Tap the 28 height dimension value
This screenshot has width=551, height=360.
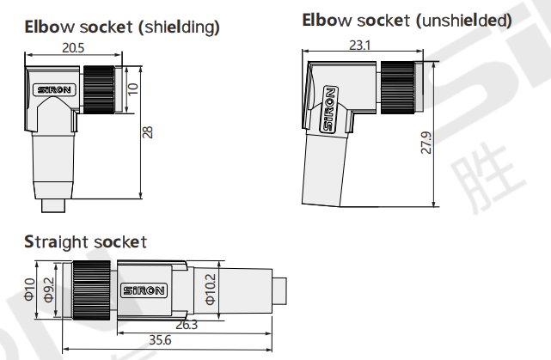click(147, 131)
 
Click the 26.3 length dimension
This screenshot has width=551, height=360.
click(188, 325)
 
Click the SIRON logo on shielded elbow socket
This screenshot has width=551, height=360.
click(58, 88)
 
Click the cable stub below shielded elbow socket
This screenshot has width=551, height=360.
click(58, 206)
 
